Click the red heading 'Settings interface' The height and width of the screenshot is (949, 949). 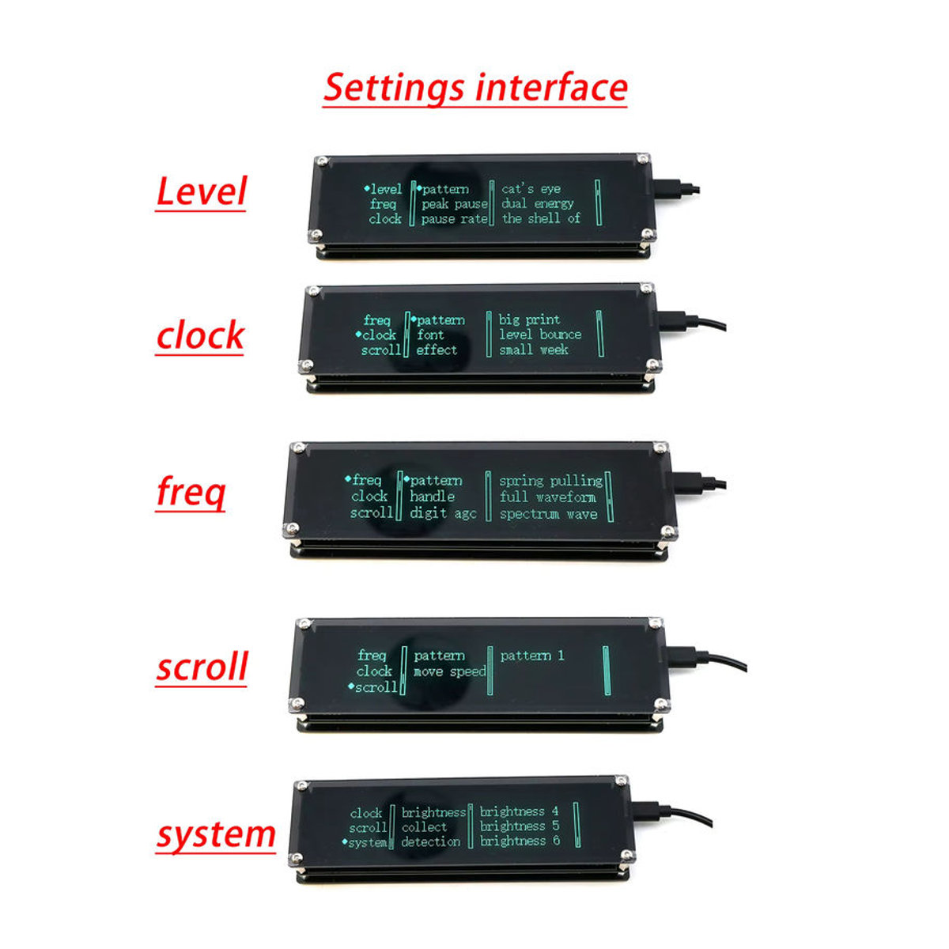(x=475, y=88)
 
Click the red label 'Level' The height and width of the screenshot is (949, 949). (x=201, y=191)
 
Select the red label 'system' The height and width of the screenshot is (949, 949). (x=216, y=836)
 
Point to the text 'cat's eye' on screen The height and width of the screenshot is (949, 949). (x=531, y=189)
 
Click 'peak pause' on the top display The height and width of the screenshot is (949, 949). (x=454, y=203)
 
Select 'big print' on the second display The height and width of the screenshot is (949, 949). (x=529, y=319)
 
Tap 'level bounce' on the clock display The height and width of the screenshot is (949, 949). (x=540, y=335)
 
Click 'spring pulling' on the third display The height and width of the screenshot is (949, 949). (x=550, y=481)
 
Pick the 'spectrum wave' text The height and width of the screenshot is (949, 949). (x=549, y=514)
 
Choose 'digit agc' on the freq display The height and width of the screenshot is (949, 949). (x=443, y=513)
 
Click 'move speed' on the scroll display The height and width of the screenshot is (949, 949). (x=450, y=671)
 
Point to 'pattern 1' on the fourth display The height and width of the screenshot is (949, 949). (x=532, y=656)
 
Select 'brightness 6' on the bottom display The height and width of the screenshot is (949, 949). (x=520, y=841)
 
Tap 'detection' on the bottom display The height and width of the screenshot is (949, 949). (x=430, y=841)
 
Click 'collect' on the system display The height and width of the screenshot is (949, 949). (x=424, y=827)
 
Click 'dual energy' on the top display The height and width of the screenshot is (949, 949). (x=537, y=203)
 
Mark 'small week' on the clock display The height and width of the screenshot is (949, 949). (x=534, y=350)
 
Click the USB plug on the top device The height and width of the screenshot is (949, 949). (x=675, y=189)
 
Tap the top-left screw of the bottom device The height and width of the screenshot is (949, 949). (x=304, y=785)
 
